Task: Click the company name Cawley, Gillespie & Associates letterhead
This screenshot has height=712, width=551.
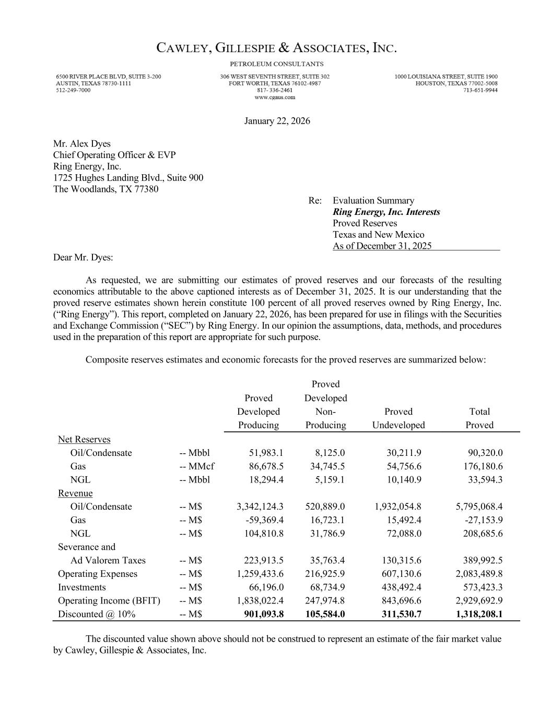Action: [277, 49]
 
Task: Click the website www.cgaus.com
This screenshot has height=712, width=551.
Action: [275, 97]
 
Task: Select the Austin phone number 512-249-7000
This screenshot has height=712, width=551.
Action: [73, 90]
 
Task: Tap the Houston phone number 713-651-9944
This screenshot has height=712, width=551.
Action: [480, 90]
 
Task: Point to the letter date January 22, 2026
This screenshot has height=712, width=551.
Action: [277, 121]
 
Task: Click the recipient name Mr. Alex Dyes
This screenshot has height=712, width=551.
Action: [82, 144]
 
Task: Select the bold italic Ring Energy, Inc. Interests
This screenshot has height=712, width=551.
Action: [386, 212]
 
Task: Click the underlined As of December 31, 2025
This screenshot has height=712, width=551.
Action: [382, 246]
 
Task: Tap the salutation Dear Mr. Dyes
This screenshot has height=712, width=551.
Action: [83, 258]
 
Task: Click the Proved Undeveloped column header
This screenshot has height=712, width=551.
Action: [398, 418]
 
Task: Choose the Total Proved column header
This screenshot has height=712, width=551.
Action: [479, 418]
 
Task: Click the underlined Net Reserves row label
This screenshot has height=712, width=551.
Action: [84, 440]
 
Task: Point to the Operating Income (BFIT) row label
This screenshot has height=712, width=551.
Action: [109, 601]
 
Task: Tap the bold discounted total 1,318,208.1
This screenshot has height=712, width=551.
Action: [479, 614]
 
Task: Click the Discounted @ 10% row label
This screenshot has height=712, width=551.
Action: [97, 614]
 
